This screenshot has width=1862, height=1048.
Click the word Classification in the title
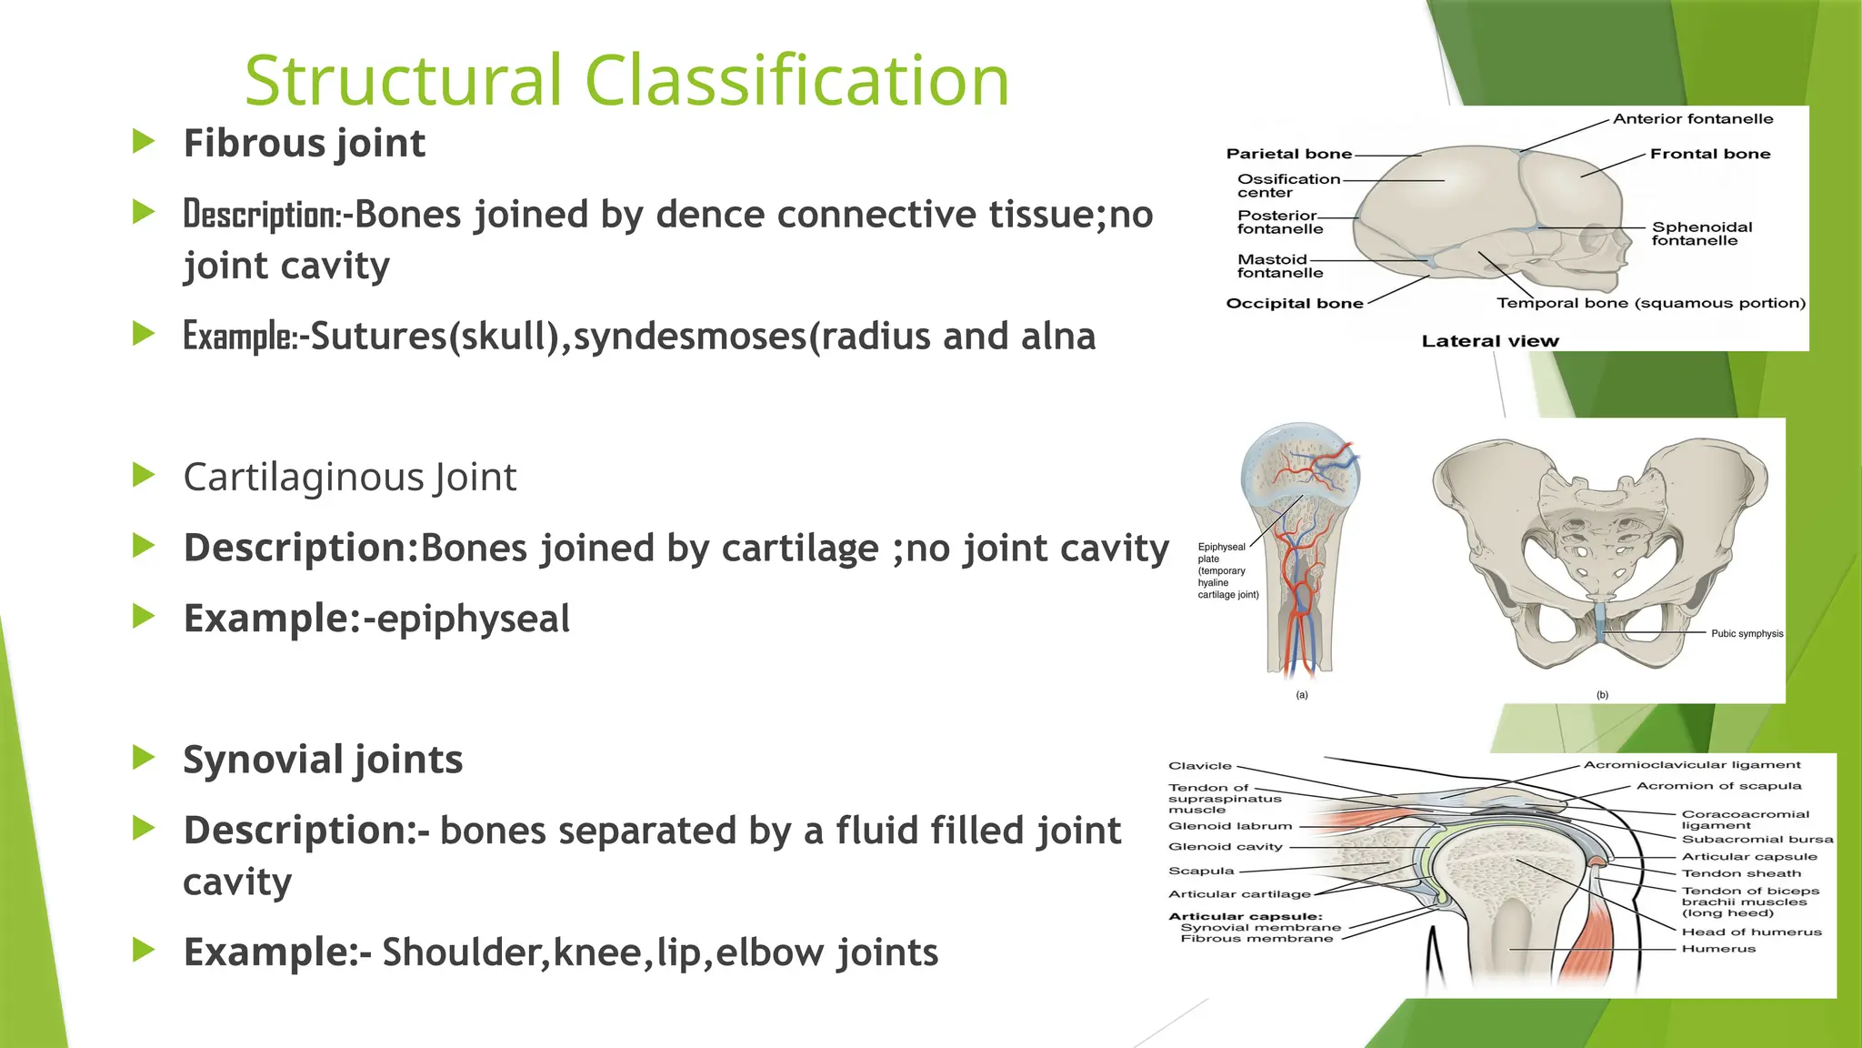pos(796,80)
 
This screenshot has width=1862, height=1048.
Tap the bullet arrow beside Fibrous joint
pos(144,142)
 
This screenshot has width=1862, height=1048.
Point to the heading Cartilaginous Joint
pos(349,477)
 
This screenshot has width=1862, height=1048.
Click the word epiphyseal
pos(473,619)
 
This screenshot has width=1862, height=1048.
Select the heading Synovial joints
pos(323,760)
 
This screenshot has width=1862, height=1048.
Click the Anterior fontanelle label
pos(1692,119)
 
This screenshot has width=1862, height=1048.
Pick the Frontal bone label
pos(1709,154)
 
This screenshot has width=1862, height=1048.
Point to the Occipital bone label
pos(1294,304)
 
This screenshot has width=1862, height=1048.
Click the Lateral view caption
pos(1489,341)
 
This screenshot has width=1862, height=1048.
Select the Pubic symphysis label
pos(1747,634)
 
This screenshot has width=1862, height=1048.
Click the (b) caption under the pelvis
pos(1602,695)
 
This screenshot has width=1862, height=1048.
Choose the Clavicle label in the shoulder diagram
pos(1199,766)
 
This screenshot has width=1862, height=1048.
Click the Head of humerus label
pos(1751,932)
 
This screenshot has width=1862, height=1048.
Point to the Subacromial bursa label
pos(1757,839)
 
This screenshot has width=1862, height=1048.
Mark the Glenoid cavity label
pos(1225,847)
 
